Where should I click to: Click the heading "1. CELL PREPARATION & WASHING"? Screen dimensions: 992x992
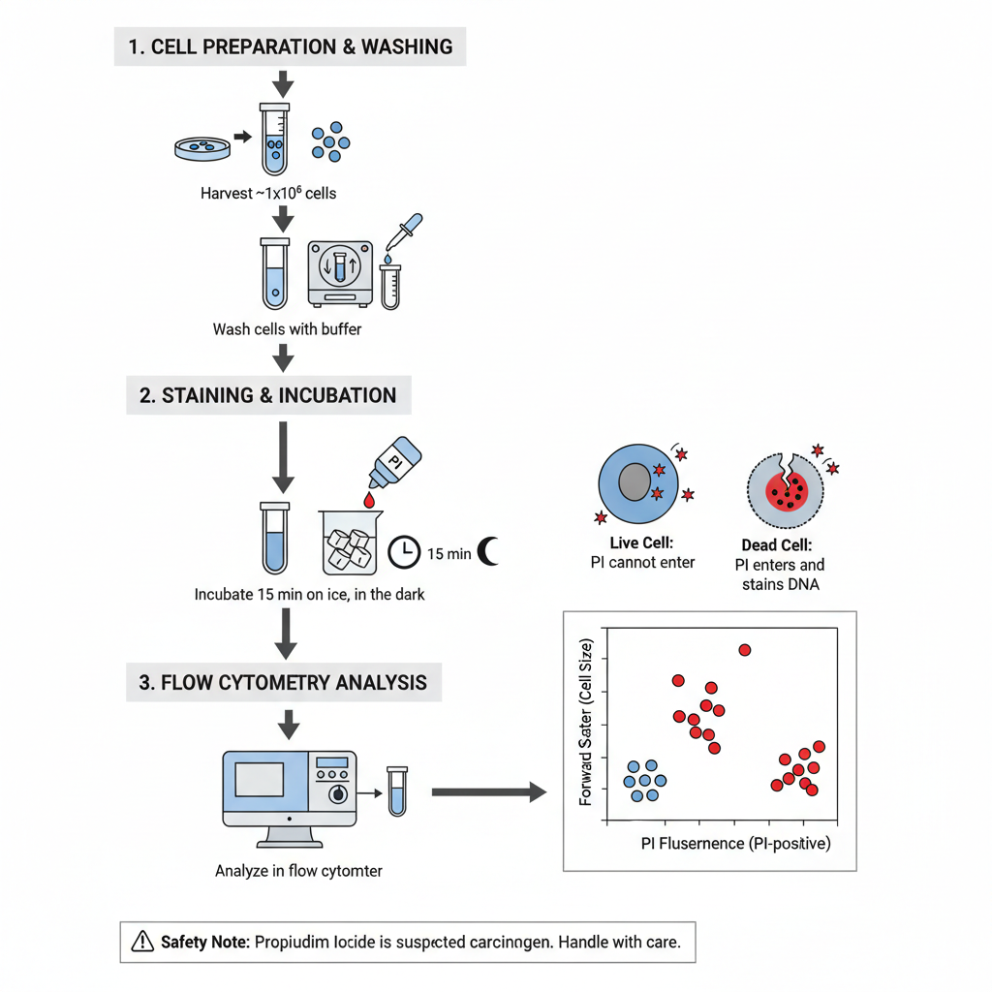[x=290, y=46]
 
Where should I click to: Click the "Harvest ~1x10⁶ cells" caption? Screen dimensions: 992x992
[x=268, y=193]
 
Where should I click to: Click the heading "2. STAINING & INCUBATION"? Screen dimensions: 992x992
[x=267, y=395]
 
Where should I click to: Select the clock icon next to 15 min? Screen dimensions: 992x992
[x=404, y=552]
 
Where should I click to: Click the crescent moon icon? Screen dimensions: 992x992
[x=489, y=552]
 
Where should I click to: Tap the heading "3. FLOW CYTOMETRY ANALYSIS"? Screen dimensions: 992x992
[x=283, y=682]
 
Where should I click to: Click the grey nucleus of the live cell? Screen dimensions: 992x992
[x=635, y=480]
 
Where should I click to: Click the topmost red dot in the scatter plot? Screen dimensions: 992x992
[x=744, y=649]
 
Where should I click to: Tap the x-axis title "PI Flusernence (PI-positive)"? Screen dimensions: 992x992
[x=735, y=844]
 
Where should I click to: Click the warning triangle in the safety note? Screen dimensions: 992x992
[x=143, y=941]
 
